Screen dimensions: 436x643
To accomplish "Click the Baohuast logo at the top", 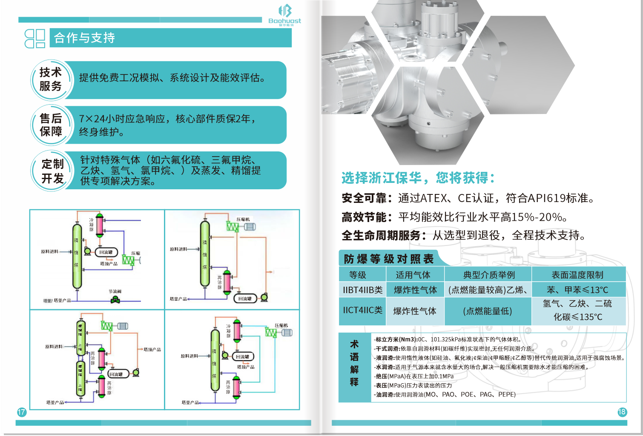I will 285,15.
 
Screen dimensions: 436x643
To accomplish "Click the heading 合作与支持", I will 84,38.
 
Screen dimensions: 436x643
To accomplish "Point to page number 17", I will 21,412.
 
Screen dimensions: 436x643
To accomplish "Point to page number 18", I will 622,412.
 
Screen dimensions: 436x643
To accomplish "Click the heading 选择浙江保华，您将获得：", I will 418,178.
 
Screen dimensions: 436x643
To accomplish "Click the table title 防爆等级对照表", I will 388,259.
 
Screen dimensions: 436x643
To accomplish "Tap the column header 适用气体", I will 413,275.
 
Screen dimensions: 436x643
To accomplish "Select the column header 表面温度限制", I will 577,275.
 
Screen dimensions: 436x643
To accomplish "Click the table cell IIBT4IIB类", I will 362,290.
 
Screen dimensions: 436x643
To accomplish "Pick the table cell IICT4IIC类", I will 362,311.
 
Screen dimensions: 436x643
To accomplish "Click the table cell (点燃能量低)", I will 487,311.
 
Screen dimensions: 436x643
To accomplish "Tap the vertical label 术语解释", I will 354,363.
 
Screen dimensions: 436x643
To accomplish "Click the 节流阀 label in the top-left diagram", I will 115,291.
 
